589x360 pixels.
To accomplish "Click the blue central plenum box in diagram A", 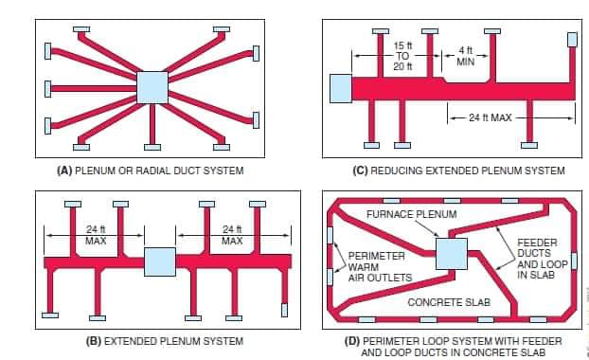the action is [x=152, y=87].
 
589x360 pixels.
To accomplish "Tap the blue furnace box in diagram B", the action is [x=160, y=261].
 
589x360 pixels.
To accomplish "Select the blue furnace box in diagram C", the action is [x=341, y=89].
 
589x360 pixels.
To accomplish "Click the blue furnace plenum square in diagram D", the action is [x=452, y=254].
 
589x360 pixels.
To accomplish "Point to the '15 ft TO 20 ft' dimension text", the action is [x=402, y=56].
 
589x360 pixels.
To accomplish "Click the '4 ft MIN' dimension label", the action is [x=466, y=56].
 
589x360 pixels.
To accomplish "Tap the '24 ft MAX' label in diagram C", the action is [x=491, y=118].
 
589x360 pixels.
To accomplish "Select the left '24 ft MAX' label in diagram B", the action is [x=96, y=235].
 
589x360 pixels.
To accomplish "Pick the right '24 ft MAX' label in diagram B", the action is [x=232, y=235].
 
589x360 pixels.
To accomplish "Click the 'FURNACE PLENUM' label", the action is [x=412, y=214].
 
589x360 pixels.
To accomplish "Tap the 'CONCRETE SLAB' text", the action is [x=449, y=302].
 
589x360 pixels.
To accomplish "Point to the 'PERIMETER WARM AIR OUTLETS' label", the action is [x=380, y=267].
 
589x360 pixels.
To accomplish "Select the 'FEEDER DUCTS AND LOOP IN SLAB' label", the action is [x=542, y=259].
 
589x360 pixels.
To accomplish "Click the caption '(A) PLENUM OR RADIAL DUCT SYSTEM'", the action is [x=151, y=171].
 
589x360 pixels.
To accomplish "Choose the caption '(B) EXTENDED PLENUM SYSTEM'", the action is [x=165, y=341].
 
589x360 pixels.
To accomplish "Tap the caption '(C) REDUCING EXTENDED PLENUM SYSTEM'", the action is [x=458, y=171].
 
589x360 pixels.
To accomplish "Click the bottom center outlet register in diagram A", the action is [x=152, y=147].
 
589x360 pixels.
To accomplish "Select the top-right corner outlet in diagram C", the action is [x=572, y=40].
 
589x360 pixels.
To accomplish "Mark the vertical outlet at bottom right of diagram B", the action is [x=284, y=310].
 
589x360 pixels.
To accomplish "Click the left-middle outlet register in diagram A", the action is [x=47, y=89].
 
